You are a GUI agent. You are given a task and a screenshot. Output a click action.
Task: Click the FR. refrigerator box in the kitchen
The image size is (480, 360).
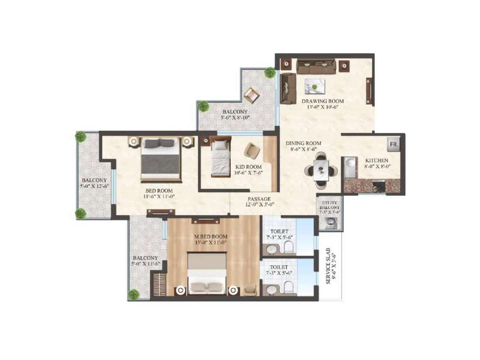pos(394,144)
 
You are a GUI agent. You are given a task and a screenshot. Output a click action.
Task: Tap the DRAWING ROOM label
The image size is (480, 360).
pos(322,101)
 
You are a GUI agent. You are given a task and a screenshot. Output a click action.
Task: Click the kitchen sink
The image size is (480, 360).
pos(350,167)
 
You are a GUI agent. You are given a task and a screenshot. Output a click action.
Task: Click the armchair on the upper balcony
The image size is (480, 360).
pos(251,95)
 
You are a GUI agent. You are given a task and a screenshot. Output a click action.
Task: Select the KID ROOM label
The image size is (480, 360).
pos(248,167)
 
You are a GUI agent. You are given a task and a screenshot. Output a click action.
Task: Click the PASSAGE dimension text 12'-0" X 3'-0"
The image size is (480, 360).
pos(259,205)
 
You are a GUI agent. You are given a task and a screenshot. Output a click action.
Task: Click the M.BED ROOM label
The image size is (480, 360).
pos(211,236)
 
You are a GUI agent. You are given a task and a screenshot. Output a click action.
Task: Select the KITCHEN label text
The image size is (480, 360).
pos(376,160)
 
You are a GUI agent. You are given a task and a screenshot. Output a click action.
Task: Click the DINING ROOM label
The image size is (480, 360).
pos(303,143)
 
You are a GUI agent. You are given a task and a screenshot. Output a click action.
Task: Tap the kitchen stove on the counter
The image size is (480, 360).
pos(379,186)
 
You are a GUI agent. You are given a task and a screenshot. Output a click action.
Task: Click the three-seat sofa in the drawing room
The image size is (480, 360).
pos(316,67)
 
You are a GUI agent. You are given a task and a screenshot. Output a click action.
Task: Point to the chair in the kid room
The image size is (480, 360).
pos(252,151)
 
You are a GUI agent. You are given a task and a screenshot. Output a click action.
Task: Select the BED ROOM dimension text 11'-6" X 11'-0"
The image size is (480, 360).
pos(159,197)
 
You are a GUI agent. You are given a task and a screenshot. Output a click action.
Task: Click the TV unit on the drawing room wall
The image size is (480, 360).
pos(369,91)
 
